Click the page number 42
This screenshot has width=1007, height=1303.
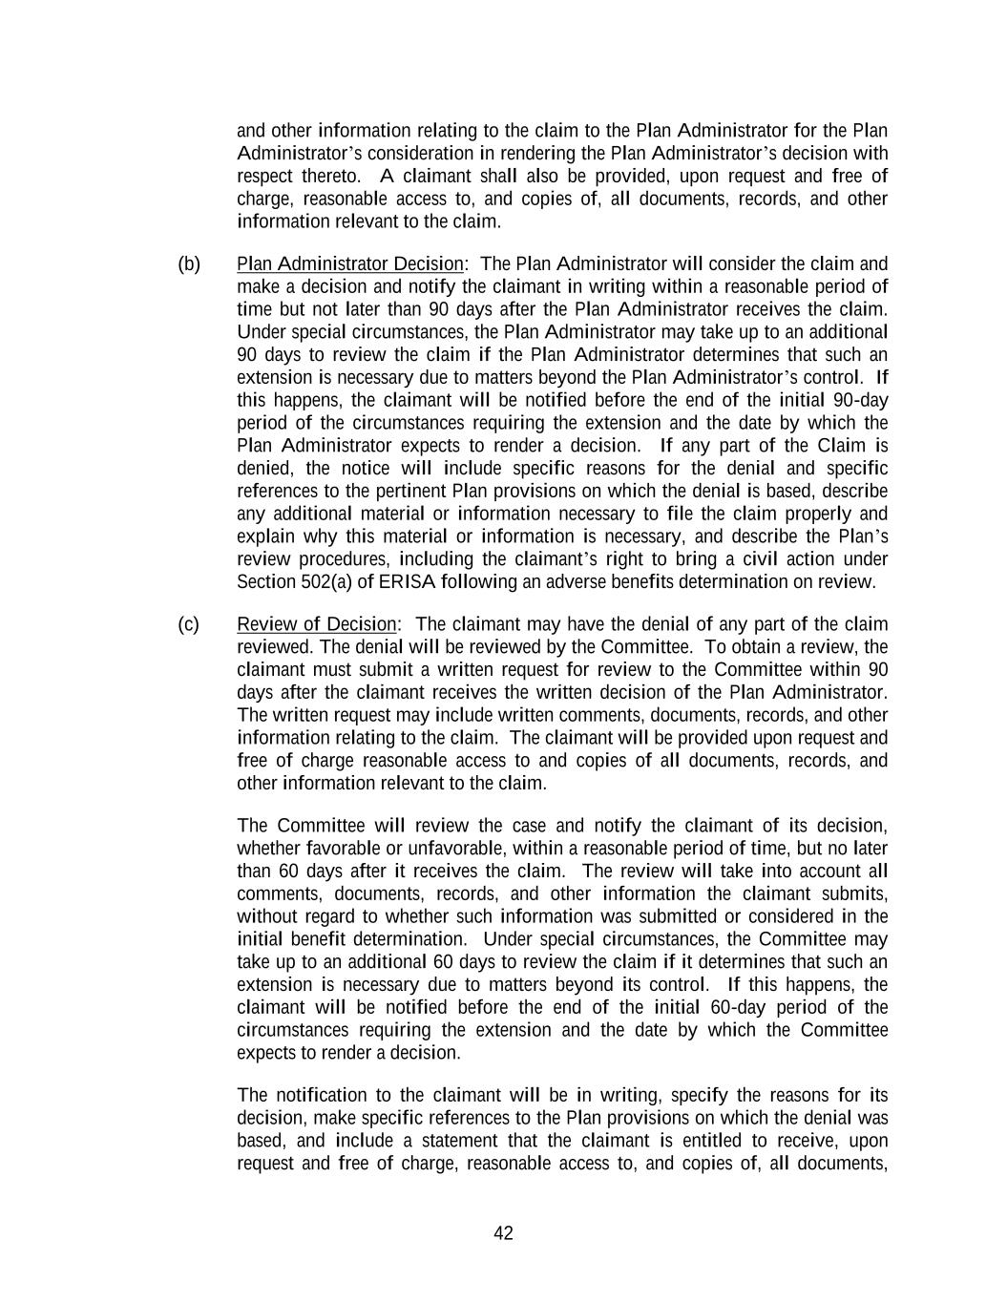click(x=503, y=1233)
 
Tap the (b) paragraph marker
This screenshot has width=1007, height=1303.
click(x=189, y=264)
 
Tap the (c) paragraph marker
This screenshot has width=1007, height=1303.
click(x=188, y=624)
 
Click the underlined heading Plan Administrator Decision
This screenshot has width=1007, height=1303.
click(x=350, y=264)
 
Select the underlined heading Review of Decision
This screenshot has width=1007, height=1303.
click(x=316, y=624)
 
